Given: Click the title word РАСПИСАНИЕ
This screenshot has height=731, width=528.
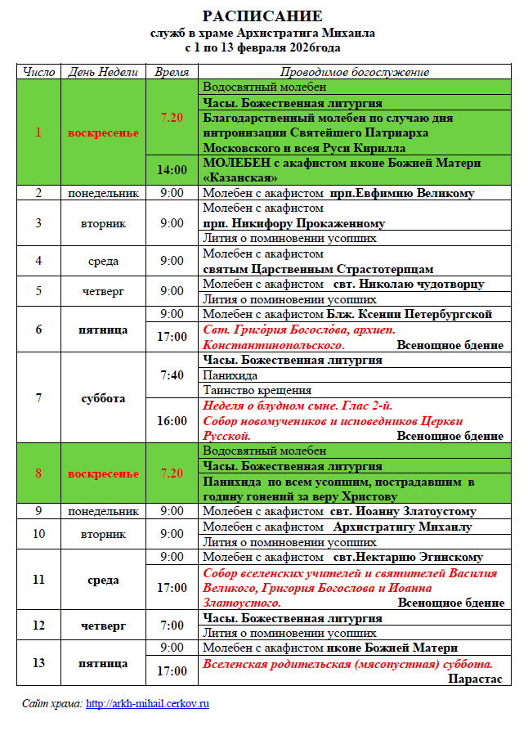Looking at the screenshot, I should tap(263, 16).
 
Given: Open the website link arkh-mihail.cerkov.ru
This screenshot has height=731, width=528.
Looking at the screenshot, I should tap(148, 703).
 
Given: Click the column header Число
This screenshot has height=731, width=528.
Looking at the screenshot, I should tap(39, 72).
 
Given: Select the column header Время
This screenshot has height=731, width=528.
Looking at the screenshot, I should tap(172, 72).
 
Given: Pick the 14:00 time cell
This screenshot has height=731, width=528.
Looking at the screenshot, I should tap(172, 170).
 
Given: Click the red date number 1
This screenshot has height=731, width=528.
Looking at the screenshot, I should tap(38, 132).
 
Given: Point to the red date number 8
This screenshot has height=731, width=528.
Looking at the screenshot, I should tap(38, 473).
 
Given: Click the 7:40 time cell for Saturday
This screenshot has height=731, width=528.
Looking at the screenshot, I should tap(172, 375).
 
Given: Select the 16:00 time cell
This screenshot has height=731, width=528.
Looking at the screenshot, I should tap(172, 421).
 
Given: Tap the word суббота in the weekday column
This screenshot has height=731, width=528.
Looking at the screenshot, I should tap(104, 398).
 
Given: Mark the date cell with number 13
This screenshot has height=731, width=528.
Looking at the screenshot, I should tap(38, 663).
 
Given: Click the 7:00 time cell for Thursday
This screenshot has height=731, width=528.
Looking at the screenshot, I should tap(172, 626).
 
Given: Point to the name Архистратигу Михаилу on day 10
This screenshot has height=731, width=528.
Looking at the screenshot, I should tap(402, 527).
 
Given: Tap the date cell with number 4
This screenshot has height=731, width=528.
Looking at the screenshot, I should tap(38, 261).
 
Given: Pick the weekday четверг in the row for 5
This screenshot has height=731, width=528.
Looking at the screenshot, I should tap(104, 290).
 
